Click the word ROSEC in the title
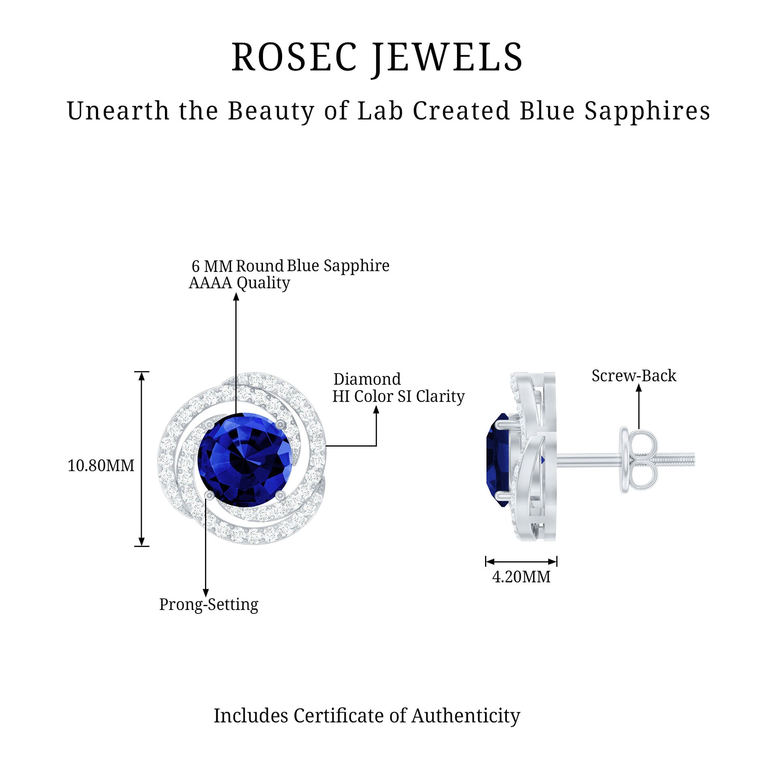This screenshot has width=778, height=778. (294, 58)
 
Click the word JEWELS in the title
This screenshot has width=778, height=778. (447, 58)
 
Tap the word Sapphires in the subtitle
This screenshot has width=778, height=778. (647, 111)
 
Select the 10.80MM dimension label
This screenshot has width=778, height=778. (101, 466)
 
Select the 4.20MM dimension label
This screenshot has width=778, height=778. (521, 577)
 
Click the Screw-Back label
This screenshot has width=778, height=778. (634, 376)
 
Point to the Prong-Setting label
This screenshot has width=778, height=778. (209, 605)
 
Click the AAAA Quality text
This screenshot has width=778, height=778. (239, 283)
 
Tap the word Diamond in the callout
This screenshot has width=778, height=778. (367, 379)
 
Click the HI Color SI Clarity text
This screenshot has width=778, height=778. (398, 396)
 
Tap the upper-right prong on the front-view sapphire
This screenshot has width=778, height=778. (280, 425)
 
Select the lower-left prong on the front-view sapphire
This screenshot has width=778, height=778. (209, 495)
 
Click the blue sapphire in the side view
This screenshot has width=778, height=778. (498, 459)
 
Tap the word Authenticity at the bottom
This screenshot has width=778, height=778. (466, 716)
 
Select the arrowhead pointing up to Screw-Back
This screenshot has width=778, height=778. (639, 388)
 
